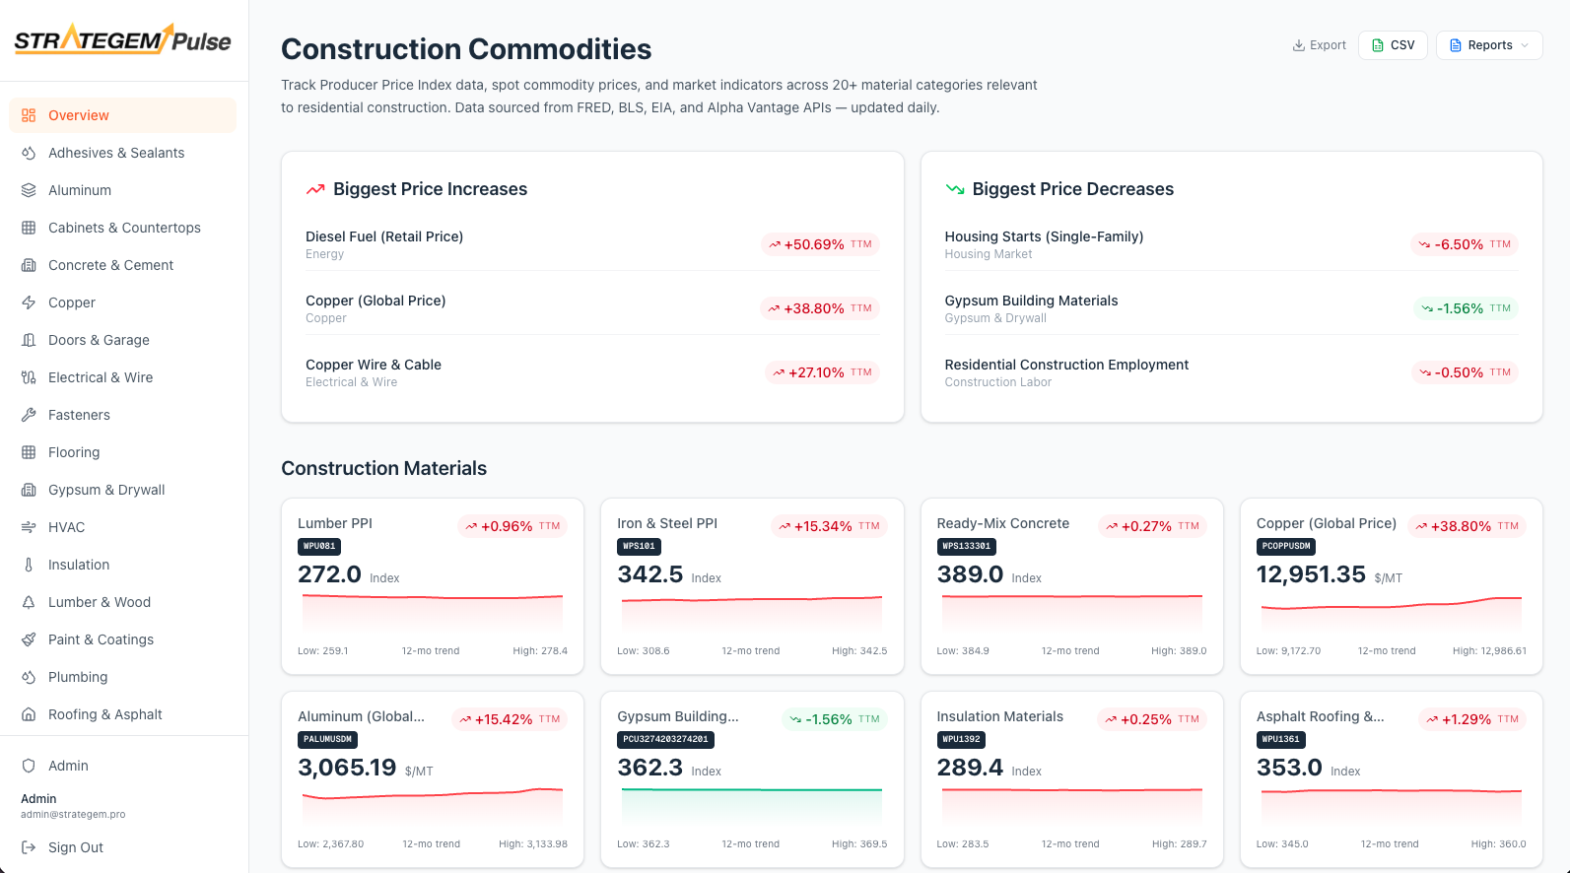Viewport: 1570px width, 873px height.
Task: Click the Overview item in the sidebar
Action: (79, 115)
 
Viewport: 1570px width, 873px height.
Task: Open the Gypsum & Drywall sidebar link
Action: (106, 490)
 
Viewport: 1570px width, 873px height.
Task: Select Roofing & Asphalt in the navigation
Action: (104, 714)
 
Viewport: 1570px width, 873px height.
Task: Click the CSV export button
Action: (1393, 45)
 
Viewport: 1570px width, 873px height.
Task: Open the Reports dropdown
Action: (1488, 45)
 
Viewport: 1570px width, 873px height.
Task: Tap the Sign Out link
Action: (75, 847)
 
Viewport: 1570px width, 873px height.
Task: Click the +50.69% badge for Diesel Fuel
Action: (820, 244)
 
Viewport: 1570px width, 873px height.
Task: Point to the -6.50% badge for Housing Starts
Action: (1464, 244)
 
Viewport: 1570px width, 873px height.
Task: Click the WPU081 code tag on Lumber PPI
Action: (319, 546)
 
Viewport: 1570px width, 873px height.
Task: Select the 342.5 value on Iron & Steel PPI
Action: (649, 574)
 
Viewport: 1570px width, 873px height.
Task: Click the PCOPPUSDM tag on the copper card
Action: (1286, 546)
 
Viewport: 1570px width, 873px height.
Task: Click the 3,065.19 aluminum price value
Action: (347, 768)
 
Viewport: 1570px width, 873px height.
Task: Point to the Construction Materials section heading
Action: (383, 469)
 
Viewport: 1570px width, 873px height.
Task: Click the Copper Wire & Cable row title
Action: (374, 365)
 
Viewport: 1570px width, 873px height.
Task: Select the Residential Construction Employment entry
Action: (1066, 365)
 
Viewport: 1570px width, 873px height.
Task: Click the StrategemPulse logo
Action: (123, 40)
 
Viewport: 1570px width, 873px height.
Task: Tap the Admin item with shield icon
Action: (68, 766)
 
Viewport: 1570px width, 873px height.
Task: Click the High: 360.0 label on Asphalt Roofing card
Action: (1498, 843)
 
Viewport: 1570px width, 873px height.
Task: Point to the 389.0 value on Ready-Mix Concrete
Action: (970, 574)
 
